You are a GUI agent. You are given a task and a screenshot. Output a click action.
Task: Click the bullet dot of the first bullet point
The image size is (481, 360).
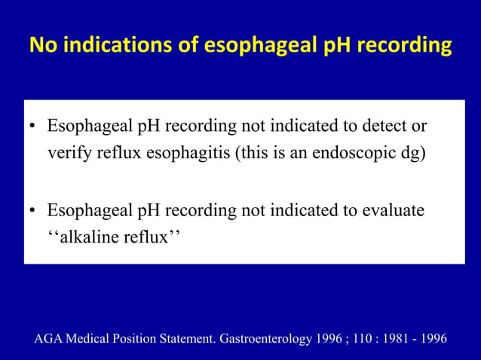click(x=34, y=126)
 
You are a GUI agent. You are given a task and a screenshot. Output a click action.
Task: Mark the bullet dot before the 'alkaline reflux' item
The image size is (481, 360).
click(x=34, y=210)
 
